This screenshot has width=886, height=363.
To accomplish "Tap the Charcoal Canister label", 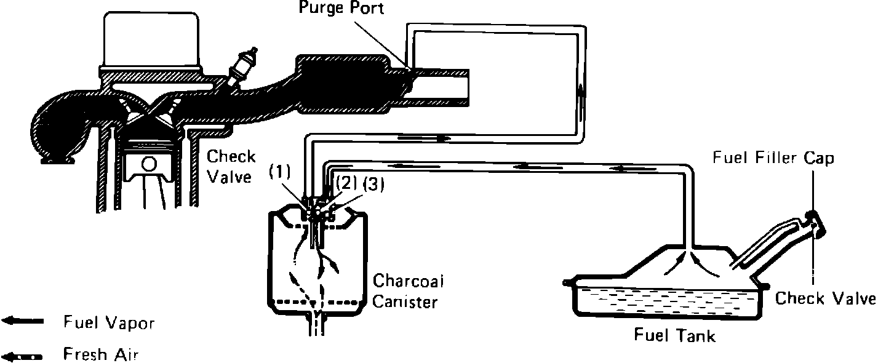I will pyautogui.click(x=409, y=291).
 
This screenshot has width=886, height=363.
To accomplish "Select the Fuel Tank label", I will pyautogui.click(x=675, y=336).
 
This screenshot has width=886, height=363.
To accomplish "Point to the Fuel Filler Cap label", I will pyautogui.click(x=773, y=158).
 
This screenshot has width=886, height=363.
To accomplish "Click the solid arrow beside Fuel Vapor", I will pyautogui.click(x=23, y=321).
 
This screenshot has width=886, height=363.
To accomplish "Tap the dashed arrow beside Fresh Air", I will pyautogui.click(x=23, y=356).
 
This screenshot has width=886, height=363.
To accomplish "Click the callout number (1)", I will pyautogui.click(x=280, y=172).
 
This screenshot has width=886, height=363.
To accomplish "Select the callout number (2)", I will pyautogui.click(x=345, y=184).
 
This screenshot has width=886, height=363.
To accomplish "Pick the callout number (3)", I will pyautogui.click(x=373, y=184).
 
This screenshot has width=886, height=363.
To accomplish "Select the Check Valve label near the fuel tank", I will pyautogui.click(x=824, y=299).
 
